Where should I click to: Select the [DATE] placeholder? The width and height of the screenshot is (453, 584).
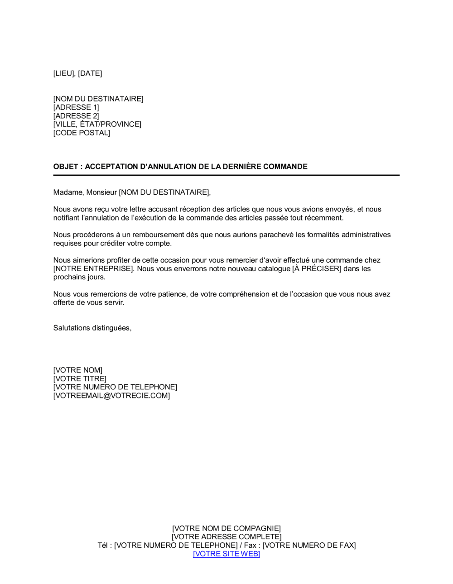click(90, 73)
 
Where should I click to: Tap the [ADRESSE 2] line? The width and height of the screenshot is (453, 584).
click(76, 116)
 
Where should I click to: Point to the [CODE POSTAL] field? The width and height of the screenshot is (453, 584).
click(82, 133)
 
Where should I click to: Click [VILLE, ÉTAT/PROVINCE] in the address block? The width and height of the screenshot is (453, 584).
click(97, 124)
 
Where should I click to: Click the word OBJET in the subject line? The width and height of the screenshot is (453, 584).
click(66, 167)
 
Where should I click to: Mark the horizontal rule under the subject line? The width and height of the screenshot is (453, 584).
click(226, 175)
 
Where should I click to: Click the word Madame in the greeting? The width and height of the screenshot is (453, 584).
click(68, 192)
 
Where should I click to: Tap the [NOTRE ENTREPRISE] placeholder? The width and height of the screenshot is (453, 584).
click(94, 268)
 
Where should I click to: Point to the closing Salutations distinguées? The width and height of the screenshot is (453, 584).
click(92, 328)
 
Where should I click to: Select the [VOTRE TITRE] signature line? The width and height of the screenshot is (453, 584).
click(80, 378)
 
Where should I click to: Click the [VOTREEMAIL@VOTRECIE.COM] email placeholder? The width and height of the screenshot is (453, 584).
click(111, 396)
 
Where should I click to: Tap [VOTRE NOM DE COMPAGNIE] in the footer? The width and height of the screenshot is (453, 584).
click(226, 528)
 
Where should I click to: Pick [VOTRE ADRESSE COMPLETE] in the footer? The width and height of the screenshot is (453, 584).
click(226, 537)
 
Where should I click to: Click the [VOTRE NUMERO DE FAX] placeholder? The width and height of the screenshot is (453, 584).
click(309, 546)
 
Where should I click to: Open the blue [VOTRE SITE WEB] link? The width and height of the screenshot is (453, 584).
click(226, 554)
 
